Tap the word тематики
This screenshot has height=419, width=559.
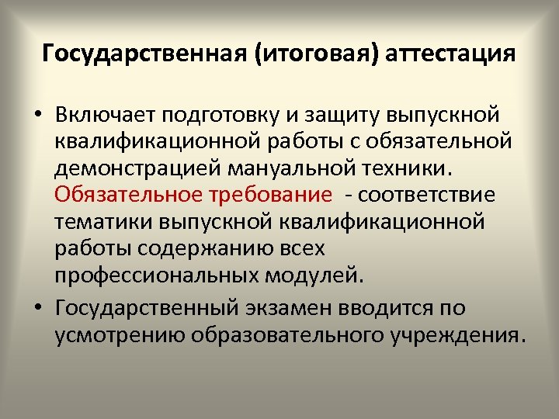(x=105, y=220)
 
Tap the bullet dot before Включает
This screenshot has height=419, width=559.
(x=38, y=116)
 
